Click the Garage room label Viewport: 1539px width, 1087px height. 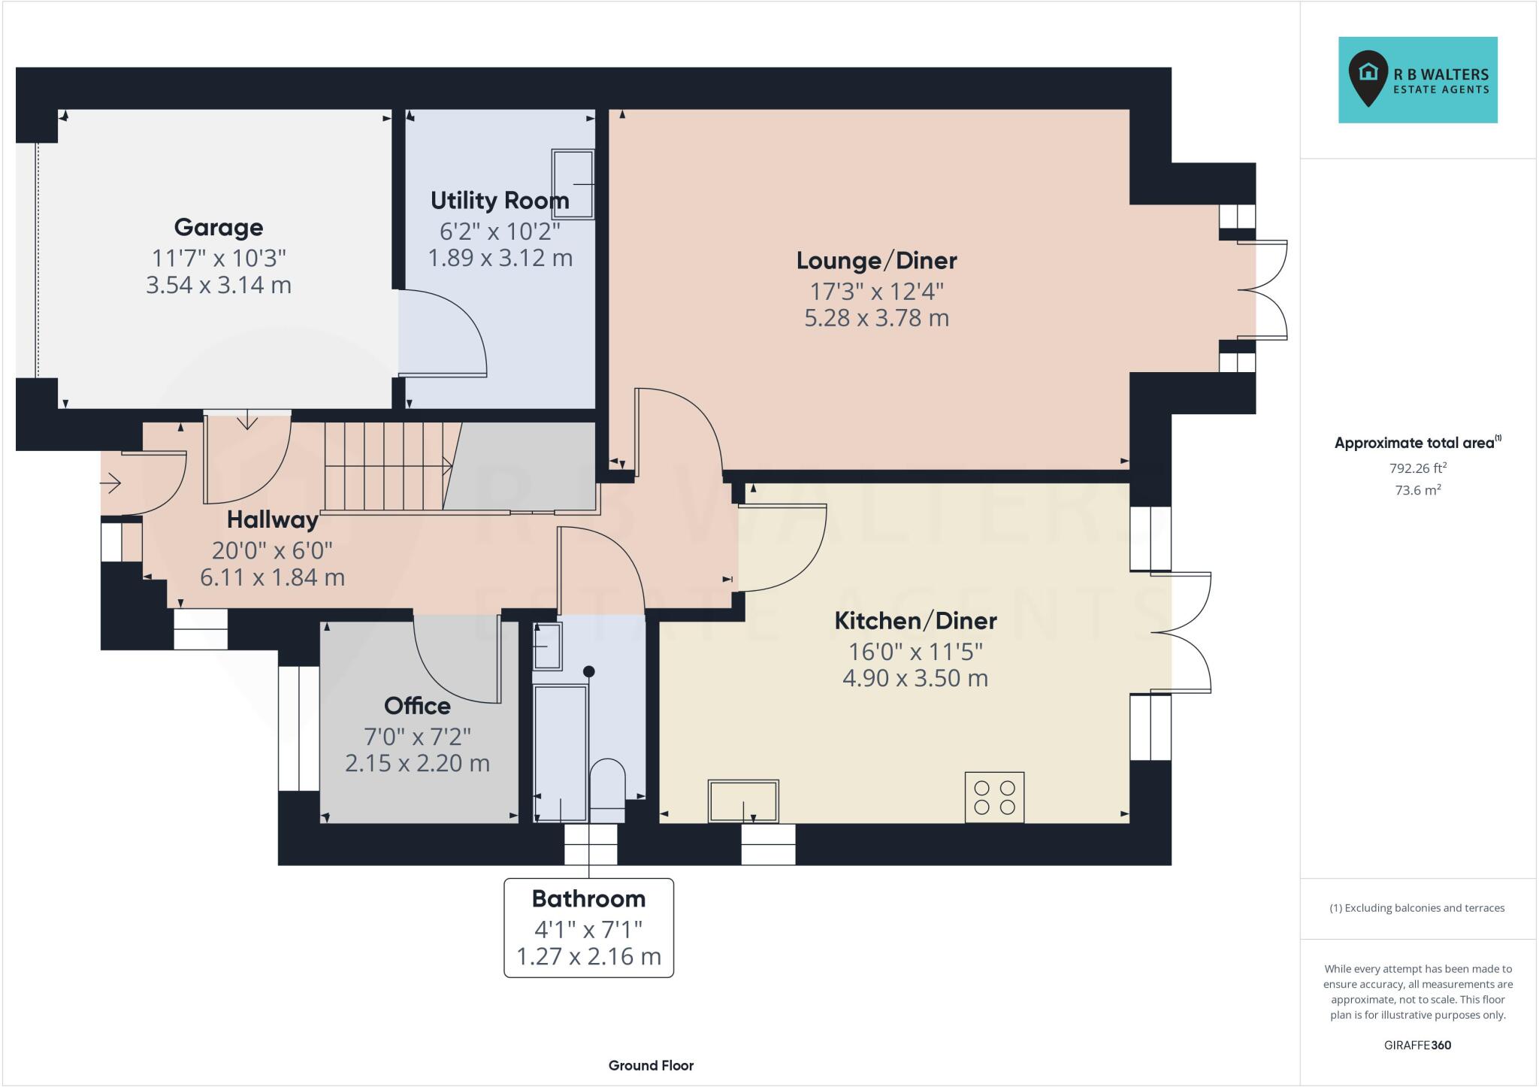219,227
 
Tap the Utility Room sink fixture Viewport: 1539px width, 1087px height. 573,184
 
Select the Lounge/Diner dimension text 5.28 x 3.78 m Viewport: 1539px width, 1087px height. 876,318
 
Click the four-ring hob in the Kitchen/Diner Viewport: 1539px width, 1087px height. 994,798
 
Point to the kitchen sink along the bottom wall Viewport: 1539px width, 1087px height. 743,801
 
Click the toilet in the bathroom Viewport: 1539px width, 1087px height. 607,789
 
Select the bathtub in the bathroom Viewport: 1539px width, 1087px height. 560,752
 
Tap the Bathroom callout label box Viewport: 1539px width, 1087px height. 588,928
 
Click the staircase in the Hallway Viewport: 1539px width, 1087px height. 387,466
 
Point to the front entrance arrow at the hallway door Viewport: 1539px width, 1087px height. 111,483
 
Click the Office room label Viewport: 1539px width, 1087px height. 417,706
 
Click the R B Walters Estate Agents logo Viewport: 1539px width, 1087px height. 1417,80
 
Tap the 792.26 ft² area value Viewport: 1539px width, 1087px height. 1417,468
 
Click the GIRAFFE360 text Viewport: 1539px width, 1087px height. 1417,1045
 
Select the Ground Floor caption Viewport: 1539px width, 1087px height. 651,1065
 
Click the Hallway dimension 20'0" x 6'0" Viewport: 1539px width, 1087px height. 272,550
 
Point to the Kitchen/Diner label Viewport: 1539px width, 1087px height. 915,621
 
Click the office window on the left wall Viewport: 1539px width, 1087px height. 298,728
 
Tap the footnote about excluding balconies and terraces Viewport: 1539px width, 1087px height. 1417,908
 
